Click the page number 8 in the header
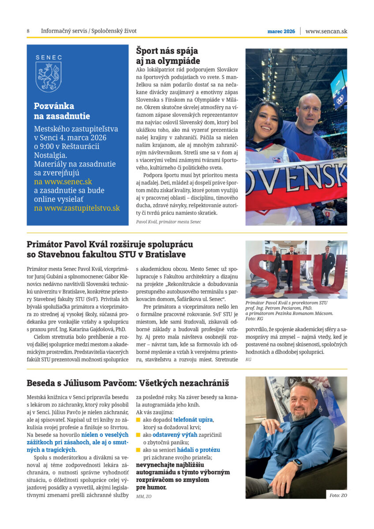28,31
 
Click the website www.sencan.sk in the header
326,31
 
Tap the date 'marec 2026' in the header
281,31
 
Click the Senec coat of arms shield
49,76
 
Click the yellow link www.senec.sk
63,181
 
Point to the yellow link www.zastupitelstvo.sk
77,208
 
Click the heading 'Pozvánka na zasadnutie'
62,111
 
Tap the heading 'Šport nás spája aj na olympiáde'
168,56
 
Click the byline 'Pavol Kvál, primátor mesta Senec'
168,222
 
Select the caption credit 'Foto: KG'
254,319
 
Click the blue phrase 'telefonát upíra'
193,420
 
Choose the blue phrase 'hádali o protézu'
198,450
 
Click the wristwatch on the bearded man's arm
298,463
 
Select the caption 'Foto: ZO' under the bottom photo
338,495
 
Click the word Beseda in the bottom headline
42,383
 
